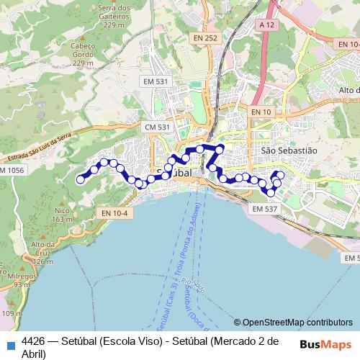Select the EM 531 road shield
(x=156, y=81)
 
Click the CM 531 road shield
(x=157, y=127)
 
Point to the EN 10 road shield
(x=261, y=112)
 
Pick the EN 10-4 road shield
(x=114, y=213)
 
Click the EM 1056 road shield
(x=11, y=170)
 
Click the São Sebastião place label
(x=289, y=150)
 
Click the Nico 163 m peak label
(x=62, y=215)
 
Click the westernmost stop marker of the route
(x=79, y=179)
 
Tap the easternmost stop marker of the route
(x=281, y=175)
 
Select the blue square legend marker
(x=12, y=344)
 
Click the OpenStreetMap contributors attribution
(x=297, y=323)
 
